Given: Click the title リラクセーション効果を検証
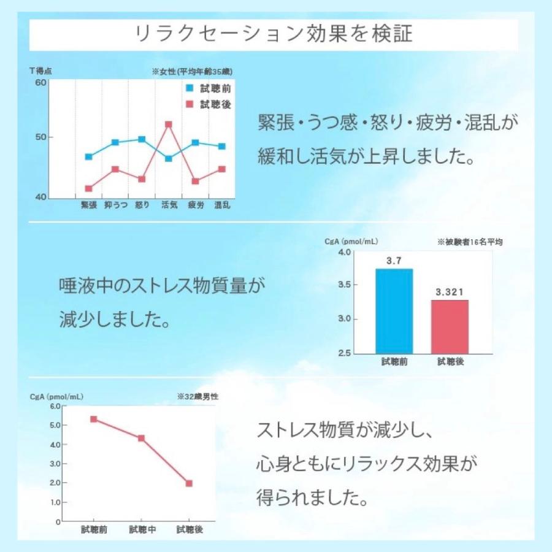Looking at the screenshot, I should coord(274,33).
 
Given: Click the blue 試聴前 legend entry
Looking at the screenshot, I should coord(209,88).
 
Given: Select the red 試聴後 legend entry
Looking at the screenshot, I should coord(209,104).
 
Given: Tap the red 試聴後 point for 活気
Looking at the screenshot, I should coord(168,125).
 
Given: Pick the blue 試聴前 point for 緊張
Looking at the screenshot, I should coord(89,157).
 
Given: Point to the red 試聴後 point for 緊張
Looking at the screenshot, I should coord(89,188).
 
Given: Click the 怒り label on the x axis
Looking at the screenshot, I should coord(142,205).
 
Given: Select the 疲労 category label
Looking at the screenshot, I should coord(196,205).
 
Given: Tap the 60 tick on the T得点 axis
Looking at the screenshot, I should coord(40,83).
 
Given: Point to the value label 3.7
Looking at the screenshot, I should coord(394,261).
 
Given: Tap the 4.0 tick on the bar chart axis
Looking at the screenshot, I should coord(343,252).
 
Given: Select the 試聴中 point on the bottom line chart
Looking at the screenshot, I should coord(142,439).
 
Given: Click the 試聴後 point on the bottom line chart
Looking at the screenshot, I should coord(189,483).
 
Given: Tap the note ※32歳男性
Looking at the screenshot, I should coord(197,397).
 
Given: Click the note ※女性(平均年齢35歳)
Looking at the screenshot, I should coord(192,72).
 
